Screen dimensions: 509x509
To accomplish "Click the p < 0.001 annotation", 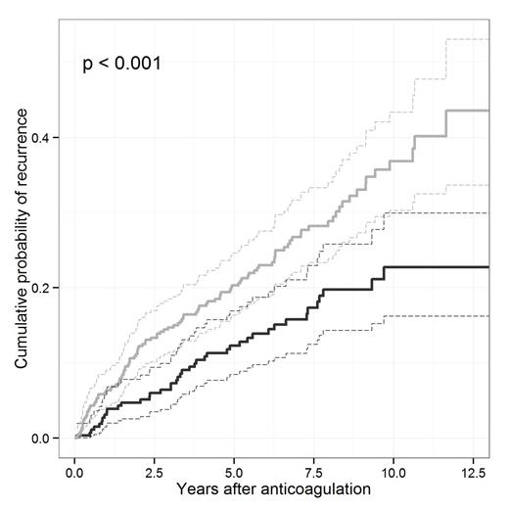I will coord(122,65).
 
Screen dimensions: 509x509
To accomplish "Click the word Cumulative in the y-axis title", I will coord(21,324).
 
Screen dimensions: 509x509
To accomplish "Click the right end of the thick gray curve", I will coord(486,111).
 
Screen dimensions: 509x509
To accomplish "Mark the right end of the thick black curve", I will coord(486,266).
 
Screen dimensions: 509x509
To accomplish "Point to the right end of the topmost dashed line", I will coord(486,39).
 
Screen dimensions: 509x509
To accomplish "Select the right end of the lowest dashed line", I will coord(486,315).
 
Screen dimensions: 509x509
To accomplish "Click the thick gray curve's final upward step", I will coord(446,122).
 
